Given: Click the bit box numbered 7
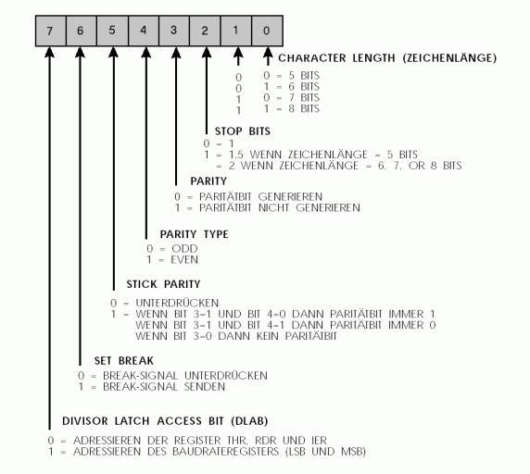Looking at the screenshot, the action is (51, 31).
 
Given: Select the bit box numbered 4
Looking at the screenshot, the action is (144, 31).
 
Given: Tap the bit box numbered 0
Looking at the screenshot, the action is (267, 31).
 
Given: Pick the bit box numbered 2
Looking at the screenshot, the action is (205, 31).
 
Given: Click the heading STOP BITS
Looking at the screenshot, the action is (243, 131).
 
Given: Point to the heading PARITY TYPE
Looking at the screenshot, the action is (194, 234).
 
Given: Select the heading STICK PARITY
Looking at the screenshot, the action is (163, 284).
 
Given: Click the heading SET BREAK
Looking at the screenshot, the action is (124, 360).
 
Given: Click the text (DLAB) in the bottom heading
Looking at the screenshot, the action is (250, 421).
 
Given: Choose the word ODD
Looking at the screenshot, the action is (184, 249).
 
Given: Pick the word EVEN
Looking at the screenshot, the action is (184, 260).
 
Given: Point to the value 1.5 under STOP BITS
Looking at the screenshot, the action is (236, 155).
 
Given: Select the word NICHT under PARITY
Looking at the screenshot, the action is (273, 207).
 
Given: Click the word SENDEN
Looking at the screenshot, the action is (205, 387).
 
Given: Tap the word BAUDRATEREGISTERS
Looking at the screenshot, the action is (225, 452).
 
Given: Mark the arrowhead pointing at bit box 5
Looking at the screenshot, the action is (113, 53).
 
